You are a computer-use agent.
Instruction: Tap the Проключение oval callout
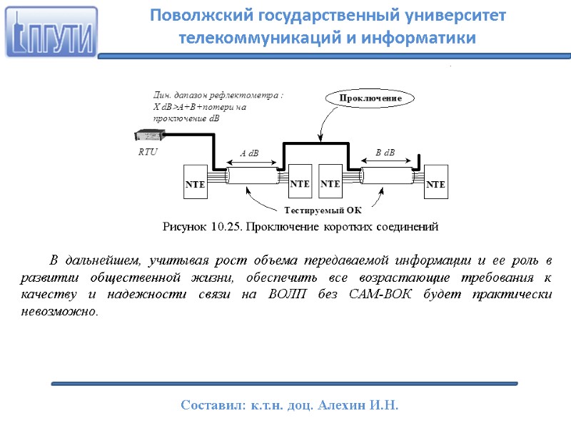click(x=370, y=98)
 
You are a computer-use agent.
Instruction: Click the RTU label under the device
click(x=148, y=152)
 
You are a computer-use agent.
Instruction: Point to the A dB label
click(x=249, y=153)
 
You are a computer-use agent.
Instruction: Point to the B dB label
click(x=385, y=152)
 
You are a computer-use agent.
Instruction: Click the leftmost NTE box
click(x=195, y=184)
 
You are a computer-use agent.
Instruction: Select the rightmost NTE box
click(x=435, y=184)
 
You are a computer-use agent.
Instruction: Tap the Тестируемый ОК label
click(x=323, y=210)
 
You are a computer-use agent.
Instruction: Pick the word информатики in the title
click(x=431, y=38)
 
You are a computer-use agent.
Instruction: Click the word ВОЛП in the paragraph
click(x=306, y=294)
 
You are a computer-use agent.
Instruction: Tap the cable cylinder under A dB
click(x=252, y=174)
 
